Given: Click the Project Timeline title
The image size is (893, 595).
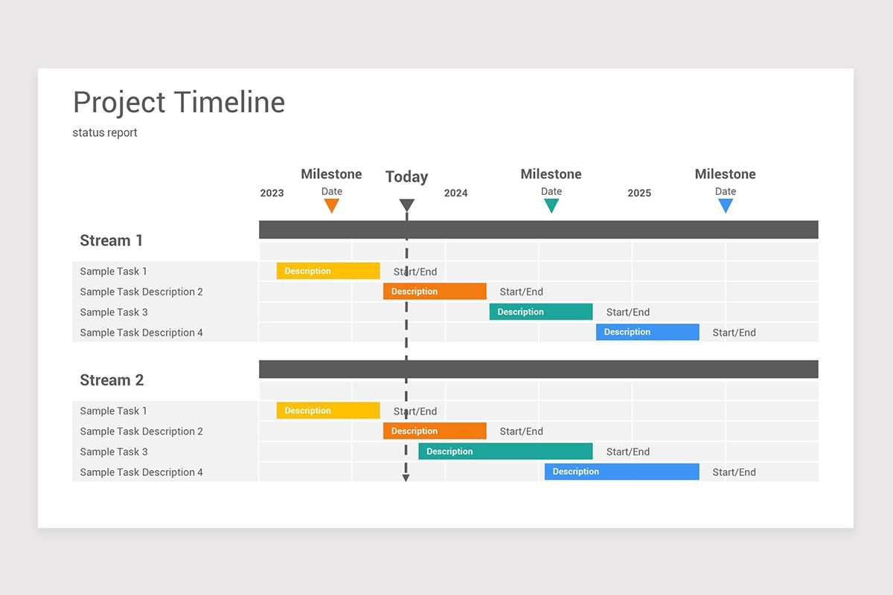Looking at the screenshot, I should click(x=179, y=102).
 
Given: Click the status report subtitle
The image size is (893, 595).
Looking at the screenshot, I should click(x=105, y=132).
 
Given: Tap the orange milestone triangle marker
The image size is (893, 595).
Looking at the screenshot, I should click(x=332, y=205).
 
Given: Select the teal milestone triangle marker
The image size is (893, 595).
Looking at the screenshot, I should click(x=551, y=205).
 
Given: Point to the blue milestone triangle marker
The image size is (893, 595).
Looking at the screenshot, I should click(x=726, y=205).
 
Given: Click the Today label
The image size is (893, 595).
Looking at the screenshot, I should click(x=406, y=177).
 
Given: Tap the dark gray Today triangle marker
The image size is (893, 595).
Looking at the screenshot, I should click(x=406, y=205).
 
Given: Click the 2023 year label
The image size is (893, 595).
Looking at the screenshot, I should click(x=272, y=193).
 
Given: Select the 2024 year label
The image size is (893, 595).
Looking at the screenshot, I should click(x=455, y=193).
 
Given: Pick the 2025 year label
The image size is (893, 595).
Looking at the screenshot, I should click(x=638, y=193).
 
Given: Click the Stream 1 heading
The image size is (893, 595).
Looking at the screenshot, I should click(x=111, y=240).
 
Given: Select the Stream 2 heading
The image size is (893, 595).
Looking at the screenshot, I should click(x=111, y=380).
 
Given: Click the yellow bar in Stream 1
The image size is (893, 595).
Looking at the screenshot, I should click(x=328, y=271).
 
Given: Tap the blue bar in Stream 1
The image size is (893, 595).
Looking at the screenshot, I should click(x=647, y=332).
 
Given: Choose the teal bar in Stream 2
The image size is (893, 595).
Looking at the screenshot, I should click(x=505, y=451).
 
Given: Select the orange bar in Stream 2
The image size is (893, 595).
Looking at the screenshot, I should click(x=435, y=431).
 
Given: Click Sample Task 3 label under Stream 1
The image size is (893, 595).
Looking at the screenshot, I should click(x=114, y=312).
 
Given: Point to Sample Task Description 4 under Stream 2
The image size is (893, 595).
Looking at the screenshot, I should click(x=141, y=472).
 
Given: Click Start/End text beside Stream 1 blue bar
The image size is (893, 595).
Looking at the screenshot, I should click(x=734, y=332).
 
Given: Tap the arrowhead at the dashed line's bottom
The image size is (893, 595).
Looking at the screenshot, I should click(x=406, y=478).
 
